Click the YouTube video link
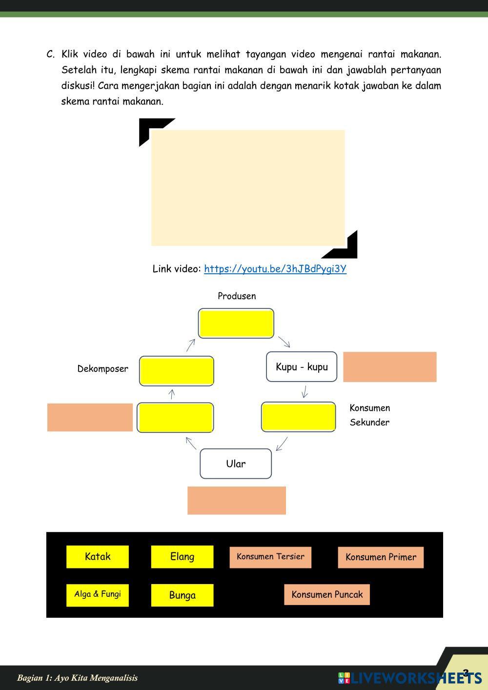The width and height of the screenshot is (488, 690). (x=275, y=269)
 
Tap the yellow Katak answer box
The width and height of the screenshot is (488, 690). (x=98, y=557)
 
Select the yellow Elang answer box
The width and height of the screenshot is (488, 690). (x=182, y=557)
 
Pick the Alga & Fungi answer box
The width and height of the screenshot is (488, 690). (x=98, y=595)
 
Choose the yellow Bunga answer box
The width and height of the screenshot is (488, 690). (x=182, y=595)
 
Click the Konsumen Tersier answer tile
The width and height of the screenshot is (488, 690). (x=270, y=557)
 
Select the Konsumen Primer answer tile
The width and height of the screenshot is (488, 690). (x=381, y=557)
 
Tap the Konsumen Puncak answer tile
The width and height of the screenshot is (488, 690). (x=327, y=595)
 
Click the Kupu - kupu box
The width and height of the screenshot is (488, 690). (x=302, y=367)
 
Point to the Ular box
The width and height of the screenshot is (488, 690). (x=236, y=464)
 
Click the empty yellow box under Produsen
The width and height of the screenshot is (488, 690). (x=236, y=323)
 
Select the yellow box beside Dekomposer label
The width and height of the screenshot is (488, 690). (x=177, y=371)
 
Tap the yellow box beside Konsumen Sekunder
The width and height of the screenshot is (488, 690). (x=298, y=417)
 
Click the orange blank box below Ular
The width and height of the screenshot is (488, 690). (x=237, y=500)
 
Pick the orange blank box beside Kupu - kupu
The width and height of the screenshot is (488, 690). (x=389, y=367)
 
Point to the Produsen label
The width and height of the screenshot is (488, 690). (x=237, y=296)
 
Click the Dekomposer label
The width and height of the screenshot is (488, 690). (x=102, y=369)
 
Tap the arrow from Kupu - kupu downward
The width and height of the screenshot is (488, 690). (x=305, y=392)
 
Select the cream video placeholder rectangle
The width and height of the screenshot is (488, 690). (x=248, y=188)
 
